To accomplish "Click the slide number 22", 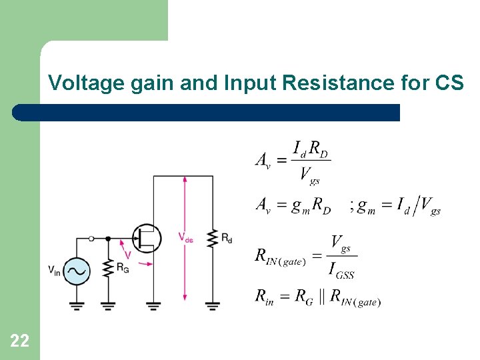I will [x=19, y=341].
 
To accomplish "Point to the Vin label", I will [x=54, y=269].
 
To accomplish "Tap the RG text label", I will [x=123, y=267].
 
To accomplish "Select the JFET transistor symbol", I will [x=147, y=237].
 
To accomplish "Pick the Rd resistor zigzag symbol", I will [x=213, y=238].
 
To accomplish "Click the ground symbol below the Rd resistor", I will [x=213, y=306].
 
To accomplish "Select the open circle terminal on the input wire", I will [x=91, y=237].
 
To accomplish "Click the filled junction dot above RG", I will [x=107, y=237].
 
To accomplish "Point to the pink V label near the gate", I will [x=128, y=254].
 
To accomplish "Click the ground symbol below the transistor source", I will [x=153, y=306].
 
